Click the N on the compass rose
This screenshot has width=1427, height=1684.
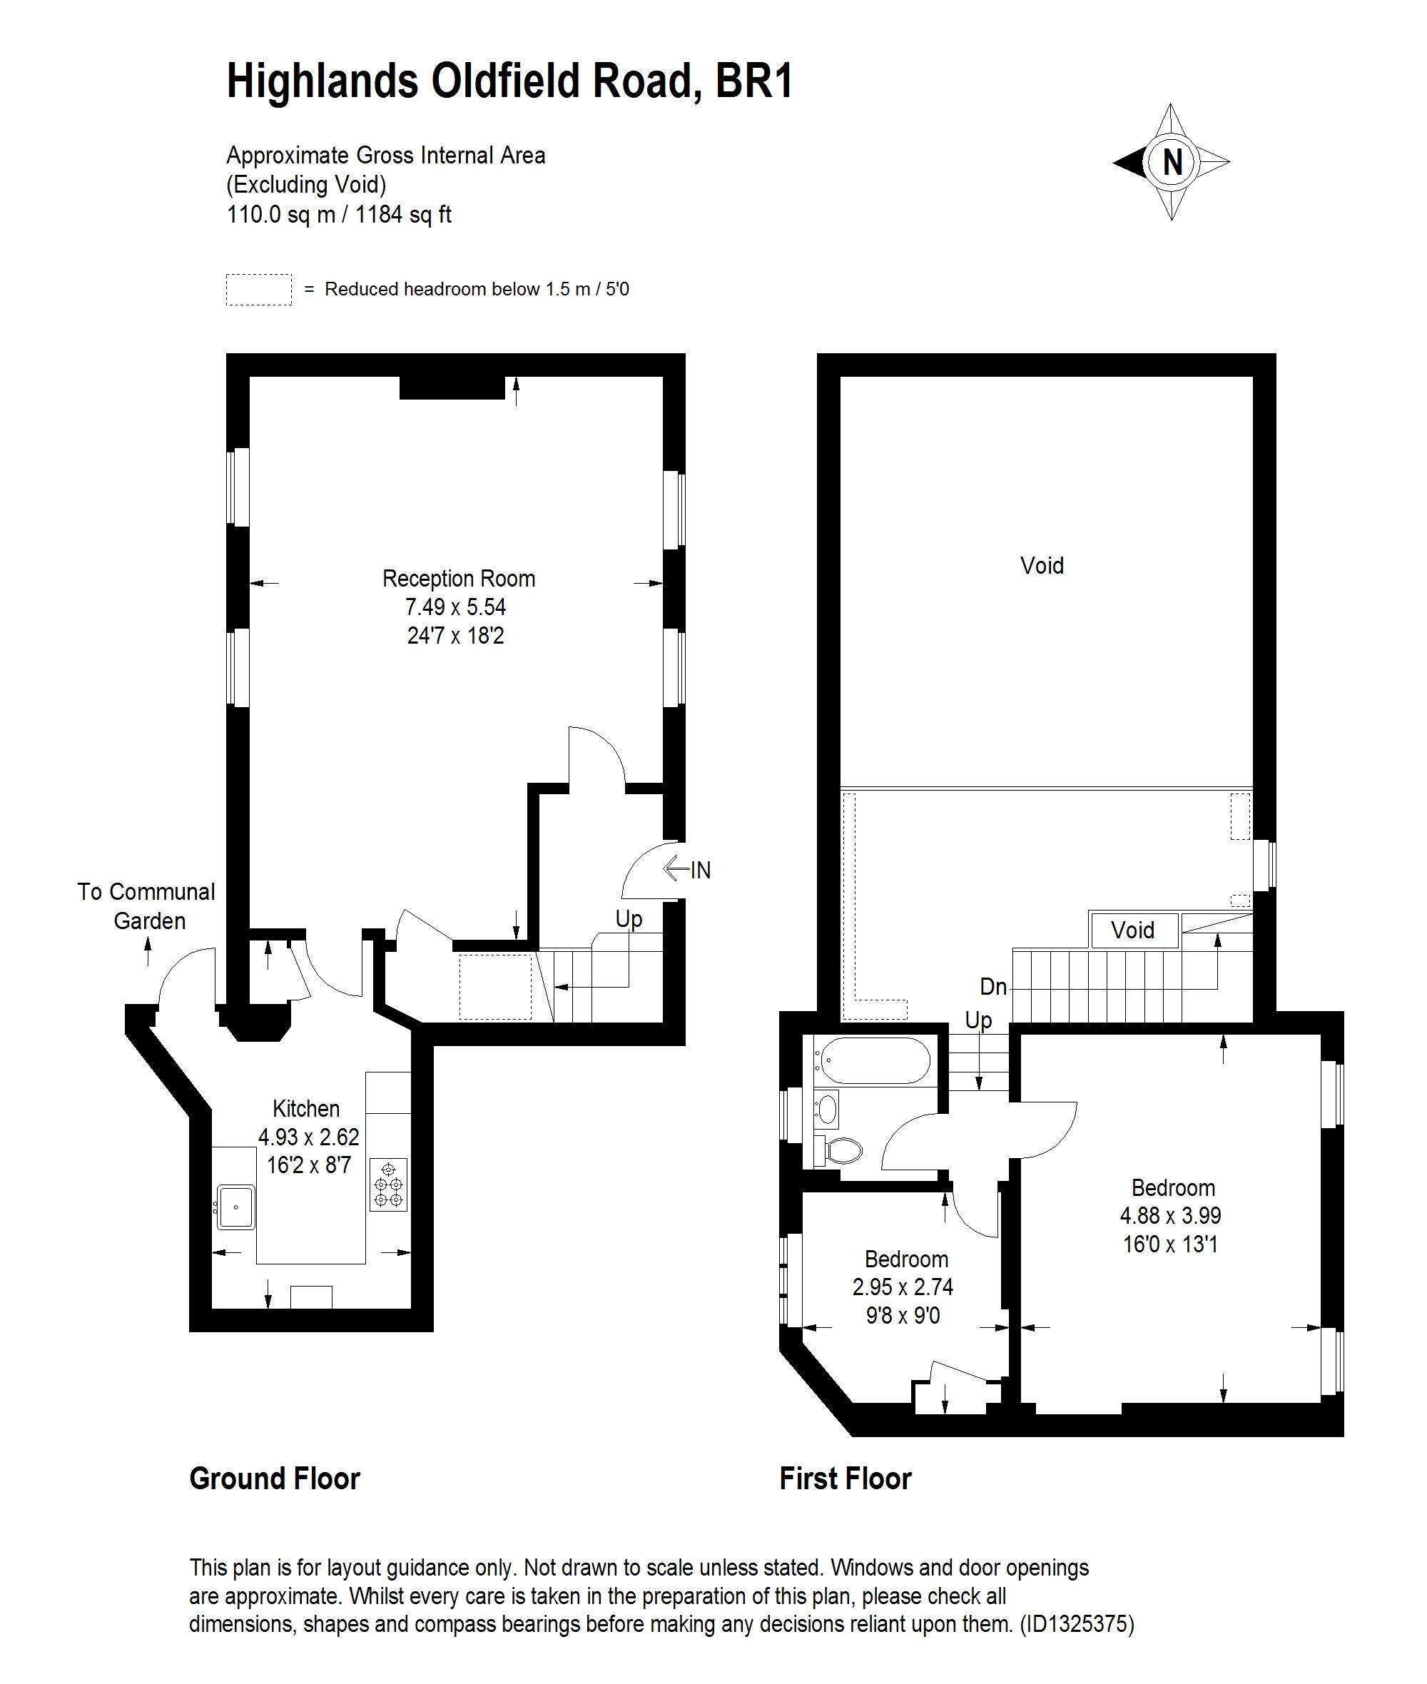(1172, 163)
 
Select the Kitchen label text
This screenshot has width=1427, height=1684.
(306, 1108)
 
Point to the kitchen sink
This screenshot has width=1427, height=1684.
(236, 1207)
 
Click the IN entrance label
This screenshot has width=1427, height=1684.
(701, 871)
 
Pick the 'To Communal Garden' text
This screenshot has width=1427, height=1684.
(147, 906)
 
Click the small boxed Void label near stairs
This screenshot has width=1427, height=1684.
(1132, 930)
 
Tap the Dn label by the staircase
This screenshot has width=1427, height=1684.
(993, 986)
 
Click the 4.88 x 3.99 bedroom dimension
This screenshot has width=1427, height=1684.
(1171, 1216)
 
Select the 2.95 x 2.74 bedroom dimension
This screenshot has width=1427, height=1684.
(903, 1287)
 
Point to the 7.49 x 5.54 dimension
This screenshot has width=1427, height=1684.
(455, 607)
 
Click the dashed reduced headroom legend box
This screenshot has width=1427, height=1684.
(259, 290)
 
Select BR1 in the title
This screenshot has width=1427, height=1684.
(755, 81)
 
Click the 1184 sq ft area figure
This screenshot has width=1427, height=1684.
(404, 215)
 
